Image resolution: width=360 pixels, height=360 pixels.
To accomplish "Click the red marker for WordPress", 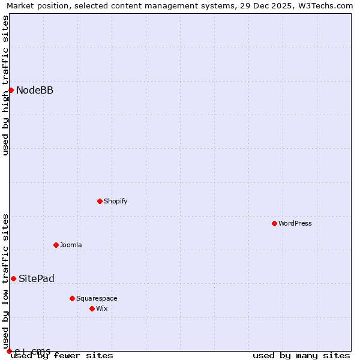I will click(274, 223).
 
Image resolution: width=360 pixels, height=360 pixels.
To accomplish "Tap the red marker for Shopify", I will click(100, 201).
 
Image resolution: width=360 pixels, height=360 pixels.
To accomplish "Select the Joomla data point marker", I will click(56, 245).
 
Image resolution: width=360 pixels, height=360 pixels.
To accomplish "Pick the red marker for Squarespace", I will click(72, 298).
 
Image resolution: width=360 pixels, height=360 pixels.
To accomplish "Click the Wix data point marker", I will click(92, 308).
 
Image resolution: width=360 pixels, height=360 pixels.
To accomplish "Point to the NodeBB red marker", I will click(11, 90).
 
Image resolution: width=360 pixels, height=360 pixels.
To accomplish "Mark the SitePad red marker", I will click(13, 278).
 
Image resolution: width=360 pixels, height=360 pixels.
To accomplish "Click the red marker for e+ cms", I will click(9, 351).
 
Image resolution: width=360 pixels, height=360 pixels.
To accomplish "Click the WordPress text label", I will click(295, 223).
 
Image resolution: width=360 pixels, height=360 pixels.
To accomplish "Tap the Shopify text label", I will click(116, 201).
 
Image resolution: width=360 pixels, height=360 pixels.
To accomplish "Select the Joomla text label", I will click(71, 245).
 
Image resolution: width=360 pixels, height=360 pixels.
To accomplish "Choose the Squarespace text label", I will click(97, 298).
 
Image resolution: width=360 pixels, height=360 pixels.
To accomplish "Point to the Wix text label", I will click(101, 308).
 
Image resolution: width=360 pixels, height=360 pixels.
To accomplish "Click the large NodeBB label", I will click(35, 91).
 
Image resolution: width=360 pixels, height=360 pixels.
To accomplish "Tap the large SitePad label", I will click(37, 279).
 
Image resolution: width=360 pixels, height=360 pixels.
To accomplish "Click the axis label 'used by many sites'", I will click(301, 355).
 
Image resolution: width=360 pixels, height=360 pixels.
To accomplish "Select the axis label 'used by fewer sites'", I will click(62, 355).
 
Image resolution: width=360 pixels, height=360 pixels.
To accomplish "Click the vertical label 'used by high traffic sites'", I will click(5, 85).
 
